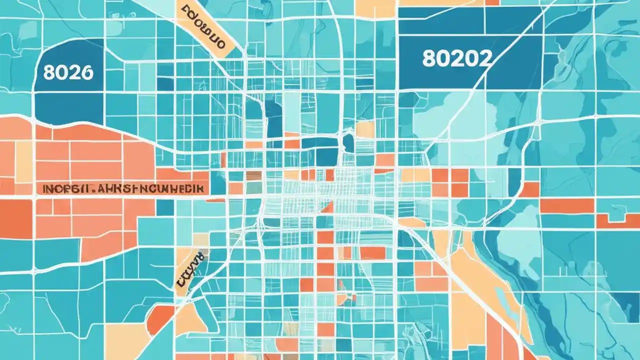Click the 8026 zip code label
[x=68, y=72]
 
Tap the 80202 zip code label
[x=456, y=58]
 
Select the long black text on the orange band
[x=123, y=189]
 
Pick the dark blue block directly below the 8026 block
[x=68, y=107]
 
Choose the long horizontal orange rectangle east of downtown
[x=566, y=205]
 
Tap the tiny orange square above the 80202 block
[x=492, y=2]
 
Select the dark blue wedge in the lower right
[x=627, y=300]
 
